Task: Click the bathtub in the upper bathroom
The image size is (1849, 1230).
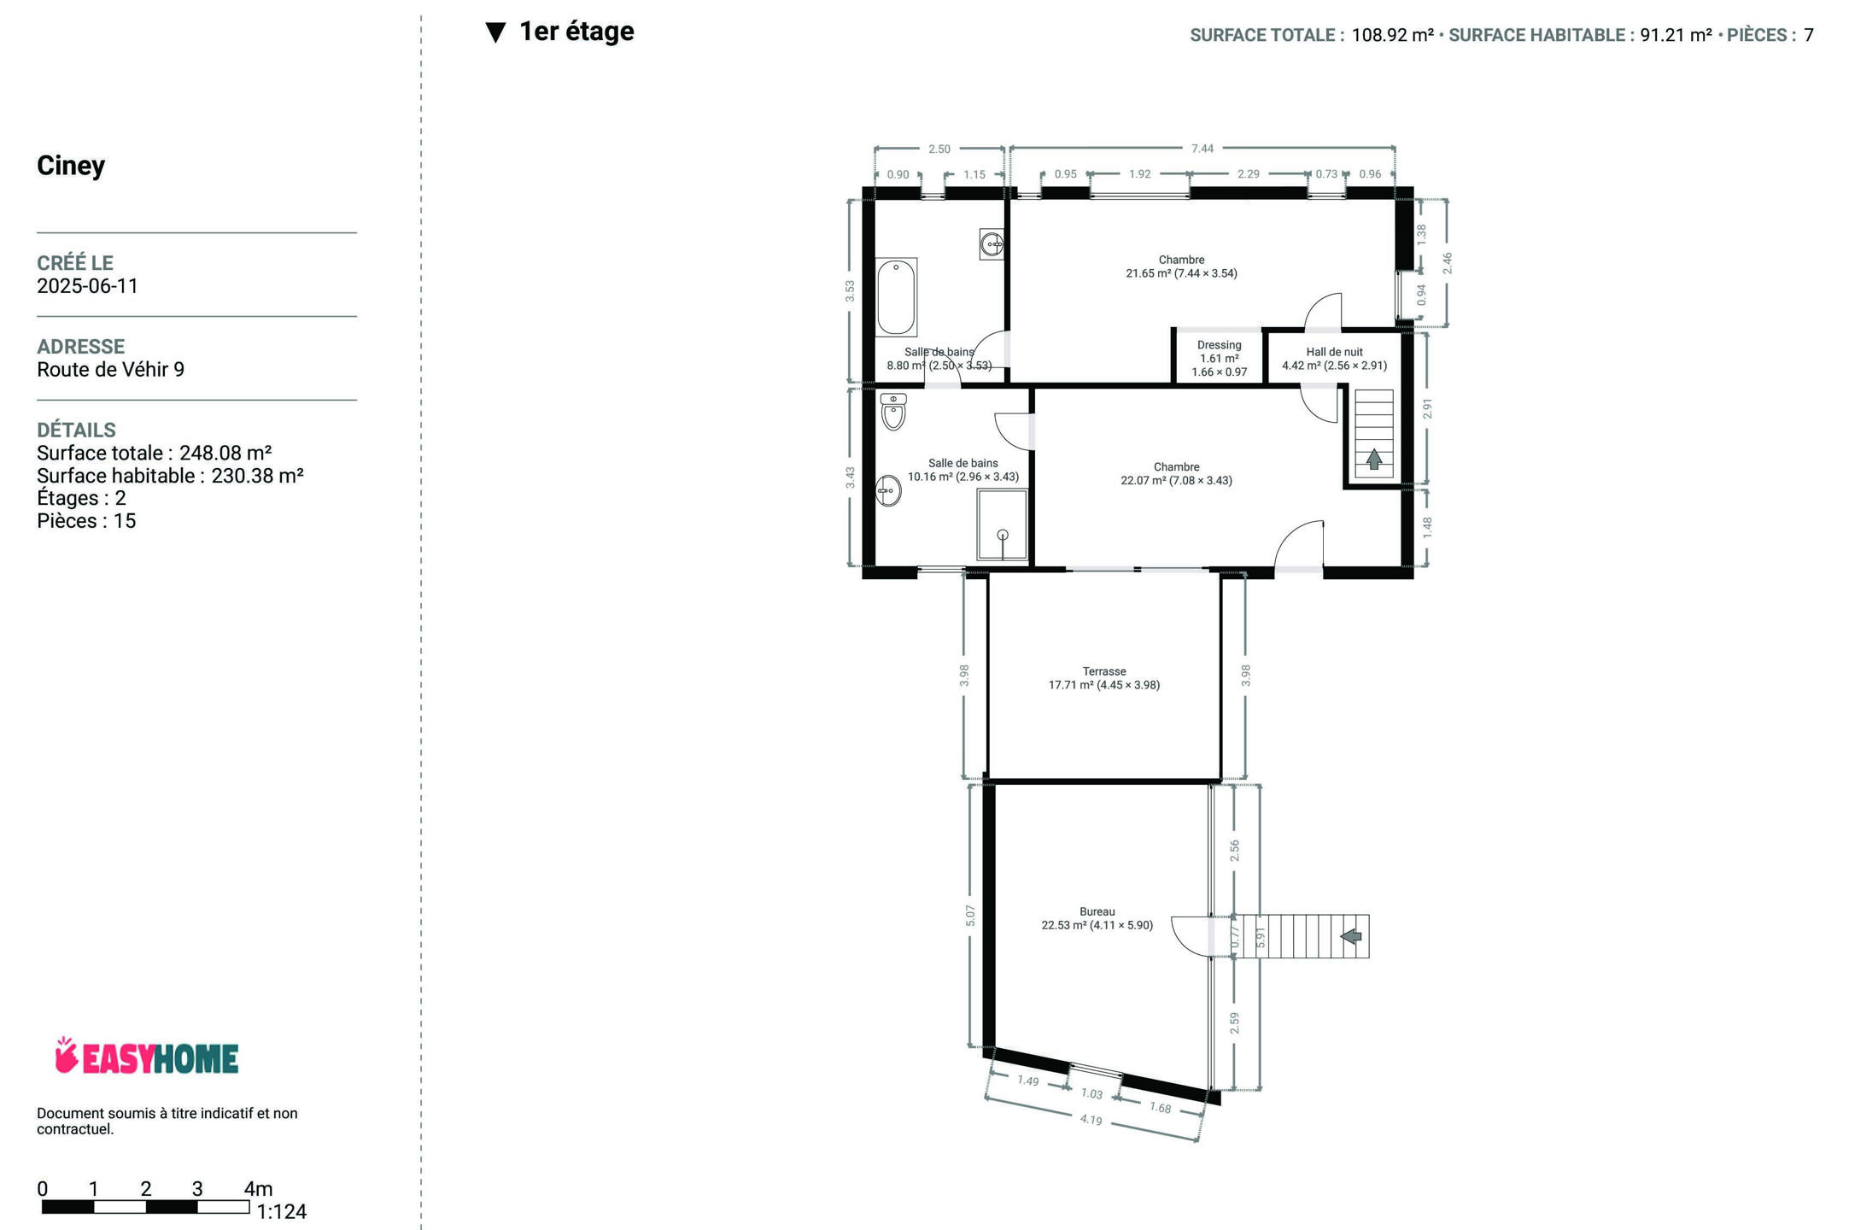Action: click(x=896, y=297)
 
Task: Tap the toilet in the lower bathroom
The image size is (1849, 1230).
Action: click(x=893, y=412)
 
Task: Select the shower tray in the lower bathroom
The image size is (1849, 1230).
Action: click(x=1003, y=524)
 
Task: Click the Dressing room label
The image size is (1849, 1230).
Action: click(x=1220, y=359)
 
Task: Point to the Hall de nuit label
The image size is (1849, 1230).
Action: click(x=1334, y=359)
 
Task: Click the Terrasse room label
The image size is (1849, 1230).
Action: click(x=1104, y=678)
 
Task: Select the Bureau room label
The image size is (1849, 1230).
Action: click(x=1097, y=918)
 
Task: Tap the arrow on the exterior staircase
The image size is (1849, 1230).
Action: click(x=1351, y=936)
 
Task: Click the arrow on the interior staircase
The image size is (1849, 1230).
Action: click(x=1374, y=460)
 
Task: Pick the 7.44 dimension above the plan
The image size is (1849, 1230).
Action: click(x=1202, y=149)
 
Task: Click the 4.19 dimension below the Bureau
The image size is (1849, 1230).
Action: click(x=1091, y=1120)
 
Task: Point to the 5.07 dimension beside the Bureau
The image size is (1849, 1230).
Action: click(x=970, y=916)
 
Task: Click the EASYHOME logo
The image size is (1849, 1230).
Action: click(x=146, y=1057)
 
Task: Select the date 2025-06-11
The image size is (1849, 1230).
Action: click(x=87, y=286)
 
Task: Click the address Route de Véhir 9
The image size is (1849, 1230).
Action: click(x=110, y=370)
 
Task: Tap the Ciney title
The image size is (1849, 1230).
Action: click(x=71, y=165)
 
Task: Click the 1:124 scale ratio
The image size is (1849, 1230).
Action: click(x=282, y=1212)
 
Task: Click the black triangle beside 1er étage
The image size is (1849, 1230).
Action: click(x=496, y=32)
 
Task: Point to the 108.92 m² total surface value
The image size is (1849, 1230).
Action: click(x=1392, y=35)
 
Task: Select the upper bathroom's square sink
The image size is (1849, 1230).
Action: click(x=992, y=244)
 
